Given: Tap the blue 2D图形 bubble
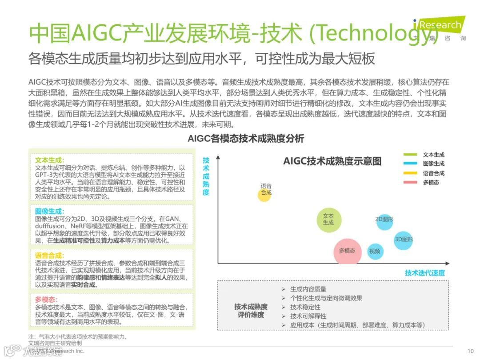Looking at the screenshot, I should point(384,220).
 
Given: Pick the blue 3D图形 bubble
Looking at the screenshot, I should point(403,240).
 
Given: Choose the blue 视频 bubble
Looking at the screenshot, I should point(375,251).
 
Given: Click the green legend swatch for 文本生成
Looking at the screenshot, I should point(410,155).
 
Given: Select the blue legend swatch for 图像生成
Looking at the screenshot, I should point(410,164).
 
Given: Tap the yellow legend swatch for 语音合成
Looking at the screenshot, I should point(410,173).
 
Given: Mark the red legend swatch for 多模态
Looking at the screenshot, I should point(410,183).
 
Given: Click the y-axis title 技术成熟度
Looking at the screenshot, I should point(206,176).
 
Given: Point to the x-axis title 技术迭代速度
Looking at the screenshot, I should point(424,273).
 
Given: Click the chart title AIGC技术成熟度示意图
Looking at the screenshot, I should point(332,161).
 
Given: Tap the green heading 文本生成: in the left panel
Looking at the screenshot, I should point(49,160).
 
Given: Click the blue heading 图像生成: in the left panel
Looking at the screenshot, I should point(49,211).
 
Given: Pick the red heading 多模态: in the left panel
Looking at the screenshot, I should point(46,300).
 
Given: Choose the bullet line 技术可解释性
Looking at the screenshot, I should point(308,316).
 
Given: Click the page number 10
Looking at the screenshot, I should point(471,350).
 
